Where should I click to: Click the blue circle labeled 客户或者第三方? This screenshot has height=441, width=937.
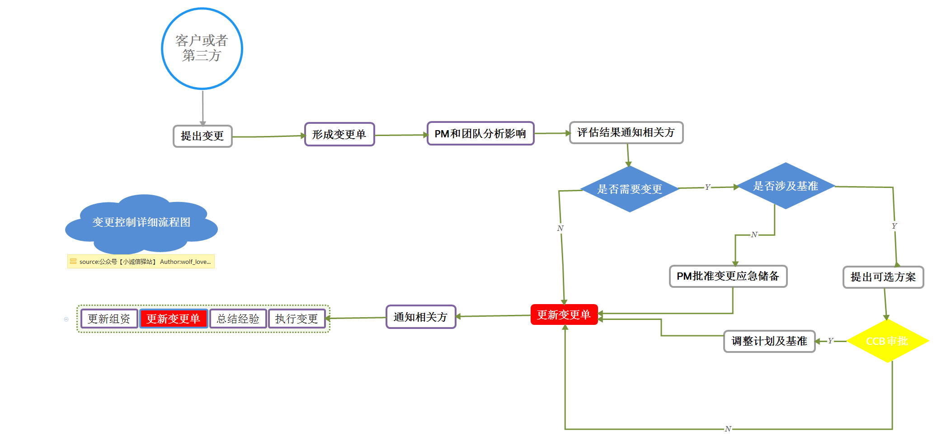point(202,48)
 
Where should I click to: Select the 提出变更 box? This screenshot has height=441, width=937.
point(202,136)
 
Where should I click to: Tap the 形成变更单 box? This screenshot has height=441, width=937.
point(339,134)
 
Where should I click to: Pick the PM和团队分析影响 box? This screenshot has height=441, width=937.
point(480,133)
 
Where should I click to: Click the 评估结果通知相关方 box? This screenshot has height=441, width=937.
point(626,132)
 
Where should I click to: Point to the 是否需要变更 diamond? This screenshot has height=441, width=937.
point(630,189)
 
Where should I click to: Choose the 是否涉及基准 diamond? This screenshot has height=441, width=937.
point(786,186)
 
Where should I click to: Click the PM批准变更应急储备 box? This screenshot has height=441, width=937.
point(728,276)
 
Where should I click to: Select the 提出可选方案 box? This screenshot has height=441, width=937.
point(883,277)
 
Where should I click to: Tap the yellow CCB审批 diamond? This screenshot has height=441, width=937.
point(887,341)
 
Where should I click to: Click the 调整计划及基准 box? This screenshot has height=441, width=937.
point(769,341)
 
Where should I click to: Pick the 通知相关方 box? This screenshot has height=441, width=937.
point(421,317)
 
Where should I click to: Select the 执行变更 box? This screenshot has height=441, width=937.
point(297,319)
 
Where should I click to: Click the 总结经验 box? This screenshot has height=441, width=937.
point(238,319)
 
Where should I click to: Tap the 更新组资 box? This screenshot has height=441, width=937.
point(109,319)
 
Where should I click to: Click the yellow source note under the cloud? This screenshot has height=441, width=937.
point(141,262)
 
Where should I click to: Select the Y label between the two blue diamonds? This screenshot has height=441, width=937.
point(707,187)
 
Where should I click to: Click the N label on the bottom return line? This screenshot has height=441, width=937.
point(728,429)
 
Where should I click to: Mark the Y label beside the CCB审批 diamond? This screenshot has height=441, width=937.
point(830,341)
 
